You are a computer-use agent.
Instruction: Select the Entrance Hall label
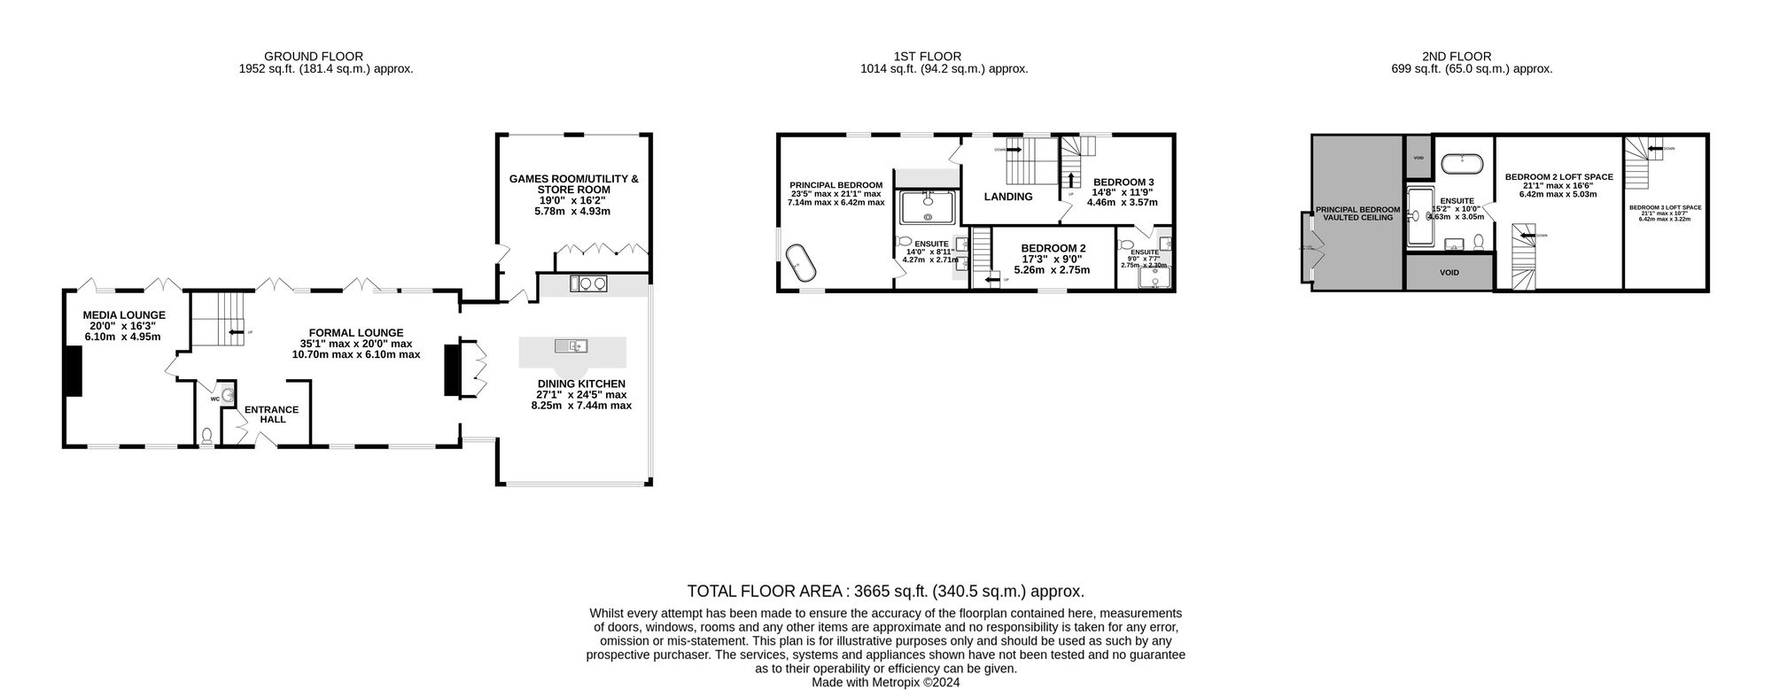tap(272, 414)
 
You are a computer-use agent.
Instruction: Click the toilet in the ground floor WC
tap(207, 436)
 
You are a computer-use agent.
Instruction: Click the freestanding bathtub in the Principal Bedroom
tap(801, 263)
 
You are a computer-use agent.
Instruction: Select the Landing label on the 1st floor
tap(1008, 197)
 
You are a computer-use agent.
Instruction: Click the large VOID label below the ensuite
tap(1449, 273)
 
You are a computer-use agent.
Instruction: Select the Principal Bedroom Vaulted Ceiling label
tap(1357, 213)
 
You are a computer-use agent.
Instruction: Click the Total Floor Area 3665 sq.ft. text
tap(885, 591)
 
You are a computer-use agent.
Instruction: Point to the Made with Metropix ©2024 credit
tap(885, 683)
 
